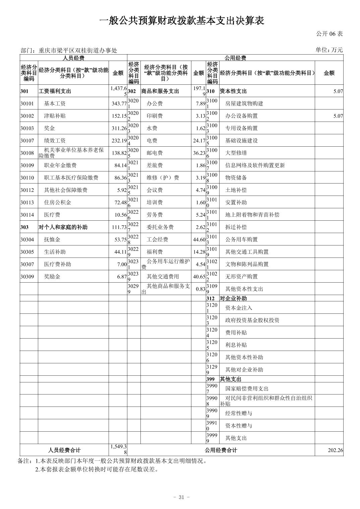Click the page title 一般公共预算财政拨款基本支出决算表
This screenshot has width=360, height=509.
coord(182,21)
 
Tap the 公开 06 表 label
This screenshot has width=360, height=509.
coord(329,34)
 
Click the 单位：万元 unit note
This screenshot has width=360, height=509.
coord(329,50)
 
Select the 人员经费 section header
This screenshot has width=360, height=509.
coord(73,58)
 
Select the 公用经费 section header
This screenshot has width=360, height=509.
coord(235,58)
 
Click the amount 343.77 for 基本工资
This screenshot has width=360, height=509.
coord(119,103)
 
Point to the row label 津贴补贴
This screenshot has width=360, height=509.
coord(55,116)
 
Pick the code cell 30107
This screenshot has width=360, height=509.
coord(27,141)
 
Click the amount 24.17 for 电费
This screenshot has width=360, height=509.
coord(199,141)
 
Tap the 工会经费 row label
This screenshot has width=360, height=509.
coord(157,239)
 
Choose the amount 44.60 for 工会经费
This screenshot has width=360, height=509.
coord(199,239)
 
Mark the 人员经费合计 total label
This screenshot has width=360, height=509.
coord(64,450)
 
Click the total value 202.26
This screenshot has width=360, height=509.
coord(335,450)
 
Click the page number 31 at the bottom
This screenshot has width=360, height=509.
coord(181,497)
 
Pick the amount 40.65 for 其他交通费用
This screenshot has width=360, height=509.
coord(199,277)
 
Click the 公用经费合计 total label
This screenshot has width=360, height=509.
coord(221,450)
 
